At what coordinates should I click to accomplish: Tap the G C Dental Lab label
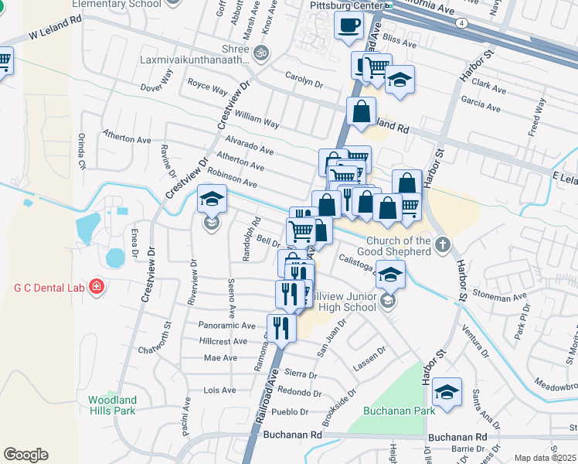[x=47, y=288]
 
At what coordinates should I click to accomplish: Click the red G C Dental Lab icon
[x=96, y=288]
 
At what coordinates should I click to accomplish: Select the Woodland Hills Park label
[x=112, y=405]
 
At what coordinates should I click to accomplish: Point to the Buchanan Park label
[x=399, y=411]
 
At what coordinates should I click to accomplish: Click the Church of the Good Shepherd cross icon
[x=442, y=246]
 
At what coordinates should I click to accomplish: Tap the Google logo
[x=25, y=455]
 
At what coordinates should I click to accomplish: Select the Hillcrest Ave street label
[x=226, y=340]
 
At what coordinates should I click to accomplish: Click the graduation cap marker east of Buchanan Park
[x=446, y=393]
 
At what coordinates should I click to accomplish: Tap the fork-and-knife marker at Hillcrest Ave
[x=281, y=329]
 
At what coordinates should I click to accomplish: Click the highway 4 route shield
[x=461, y=23]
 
